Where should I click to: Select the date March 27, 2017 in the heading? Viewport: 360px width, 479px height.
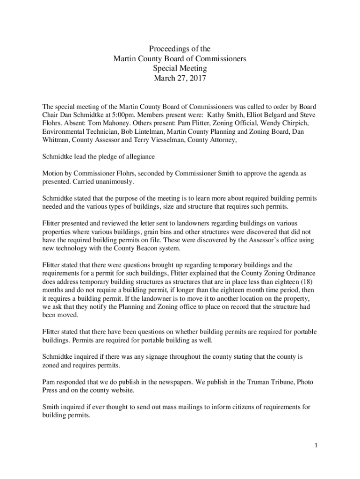pyautogui.click(x=180, y=78)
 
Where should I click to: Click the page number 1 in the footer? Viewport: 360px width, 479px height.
pyautogui.click(x=316, y=446)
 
